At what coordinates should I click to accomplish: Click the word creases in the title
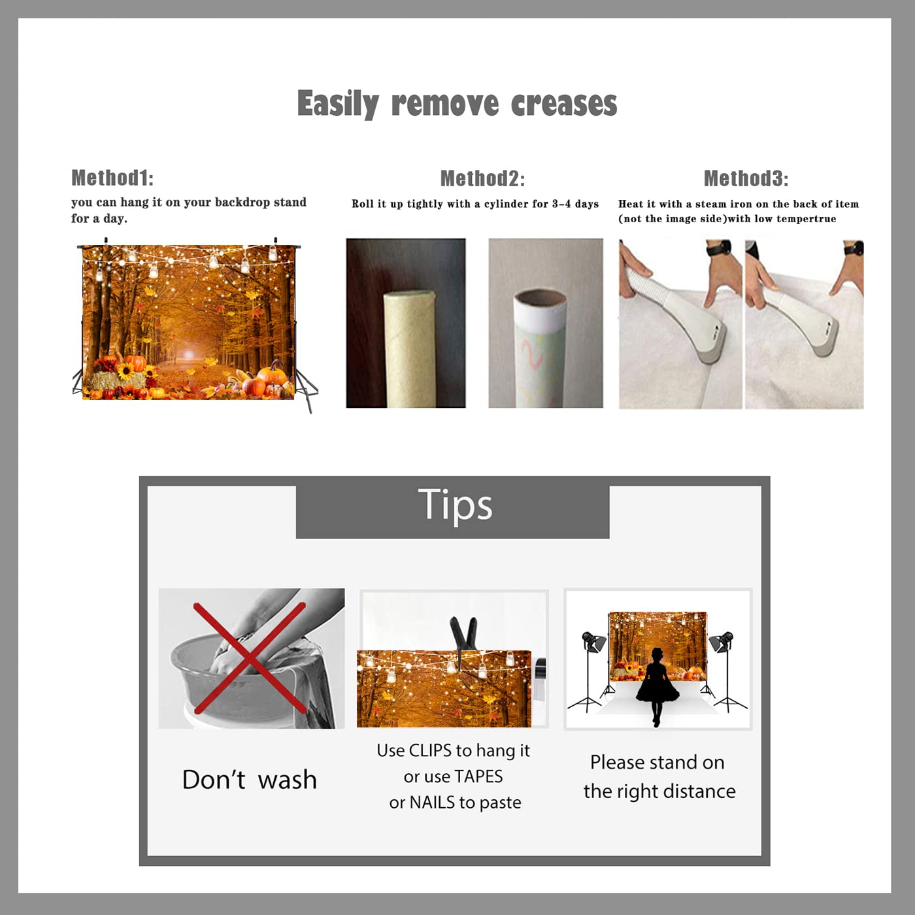coord(564,103)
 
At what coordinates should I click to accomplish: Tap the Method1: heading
coord(112,178)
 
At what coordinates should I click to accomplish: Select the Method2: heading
coord(482,178)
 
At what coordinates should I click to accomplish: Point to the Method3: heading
coord(746,178)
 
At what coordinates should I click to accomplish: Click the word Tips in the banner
coord(455,506)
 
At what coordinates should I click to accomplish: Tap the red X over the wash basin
coord(250,658)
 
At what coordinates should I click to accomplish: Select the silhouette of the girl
coord(657,687)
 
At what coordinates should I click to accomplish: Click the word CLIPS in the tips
coord(430,750)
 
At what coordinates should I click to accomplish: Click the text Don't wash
coord(250,780)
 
